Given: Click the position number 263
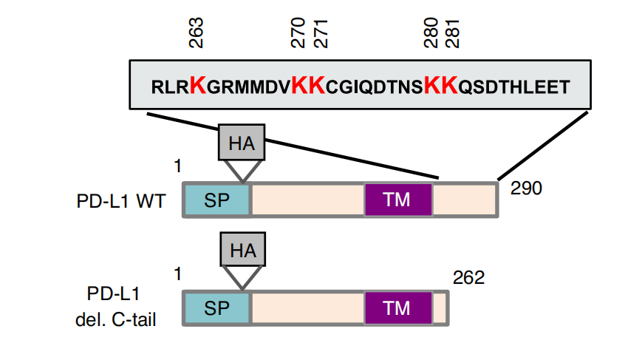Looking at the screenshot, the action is (196, 33).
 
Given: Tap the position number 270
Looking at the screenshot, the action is (298, 33).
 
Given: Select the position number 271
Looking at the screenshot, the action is (321, 33).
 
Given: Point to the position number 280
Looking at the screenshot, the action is (431, 33).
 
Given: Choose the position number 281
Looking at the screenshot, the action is (452, 33).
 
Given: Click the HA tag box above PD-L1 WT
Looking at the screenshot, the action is (242, 142).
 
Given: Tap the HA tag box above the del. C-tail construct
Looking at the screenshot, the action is (243, 250).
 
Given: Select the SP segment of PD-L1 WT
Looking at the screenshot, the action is (216, 200).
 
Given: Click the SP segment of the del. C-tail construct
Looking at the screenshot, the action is (216, 308).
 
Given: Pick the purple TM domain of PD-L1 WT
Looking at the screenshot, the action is (398, 200).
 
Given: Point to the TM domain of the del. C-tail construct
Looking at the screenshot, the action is (398, 308).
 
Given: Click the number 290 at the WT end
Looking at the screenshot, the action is (526, 189).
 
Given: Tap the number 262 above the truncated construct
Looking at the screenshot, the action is (468, 278).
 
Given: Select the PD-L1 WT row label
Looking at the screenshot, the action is (121, 201).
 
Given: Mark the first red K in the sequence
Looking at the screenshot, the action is (198, 85).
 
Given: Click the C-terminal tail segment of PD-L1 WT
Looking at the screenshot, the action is (464, 200).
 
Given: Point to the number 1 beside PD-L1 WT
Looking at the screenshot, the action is (178, 166).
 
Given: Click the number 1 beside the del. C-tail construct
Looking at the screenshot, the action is (178, 274).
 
